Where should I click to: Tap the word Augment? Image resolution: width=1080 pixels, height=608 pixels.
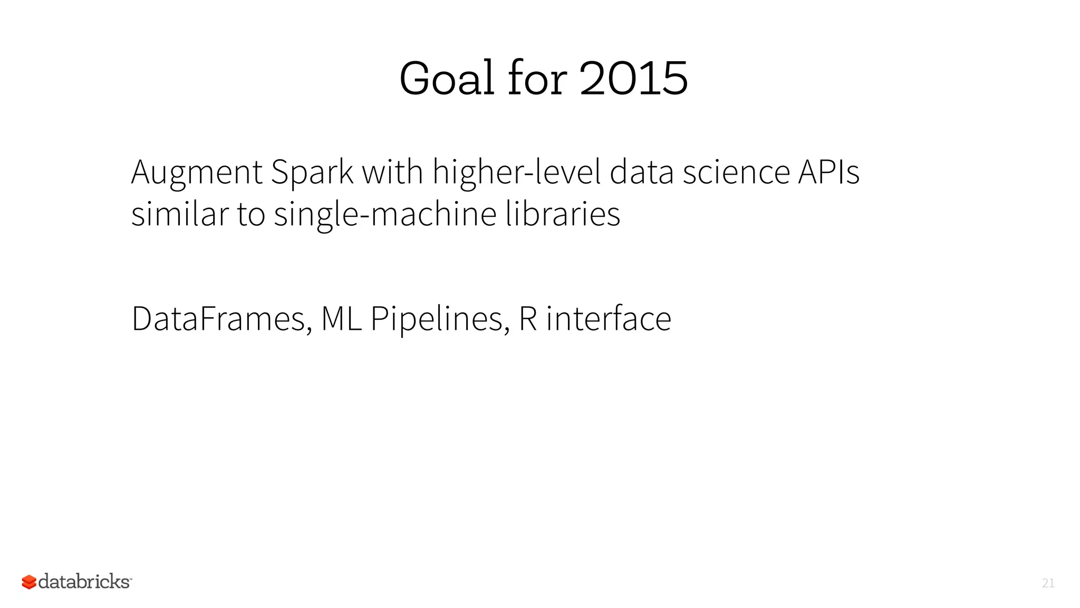click(x=196, y=173)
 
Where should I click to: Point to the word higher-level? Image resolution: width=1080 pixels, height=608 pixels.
click(x=516, y=173)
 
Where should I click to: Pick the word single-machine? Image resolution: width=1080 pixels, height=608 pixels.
click(x=385, y=215)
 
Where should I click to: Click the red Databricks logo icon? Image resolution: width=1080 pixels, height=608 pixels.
click(x=29, y=582)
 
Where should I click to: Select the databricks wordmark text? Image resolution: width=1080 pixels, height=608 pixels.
click(x=84, y=582)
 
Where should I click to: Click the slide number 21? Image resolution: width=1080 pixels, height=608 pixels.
click(x=1048, y=583)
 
